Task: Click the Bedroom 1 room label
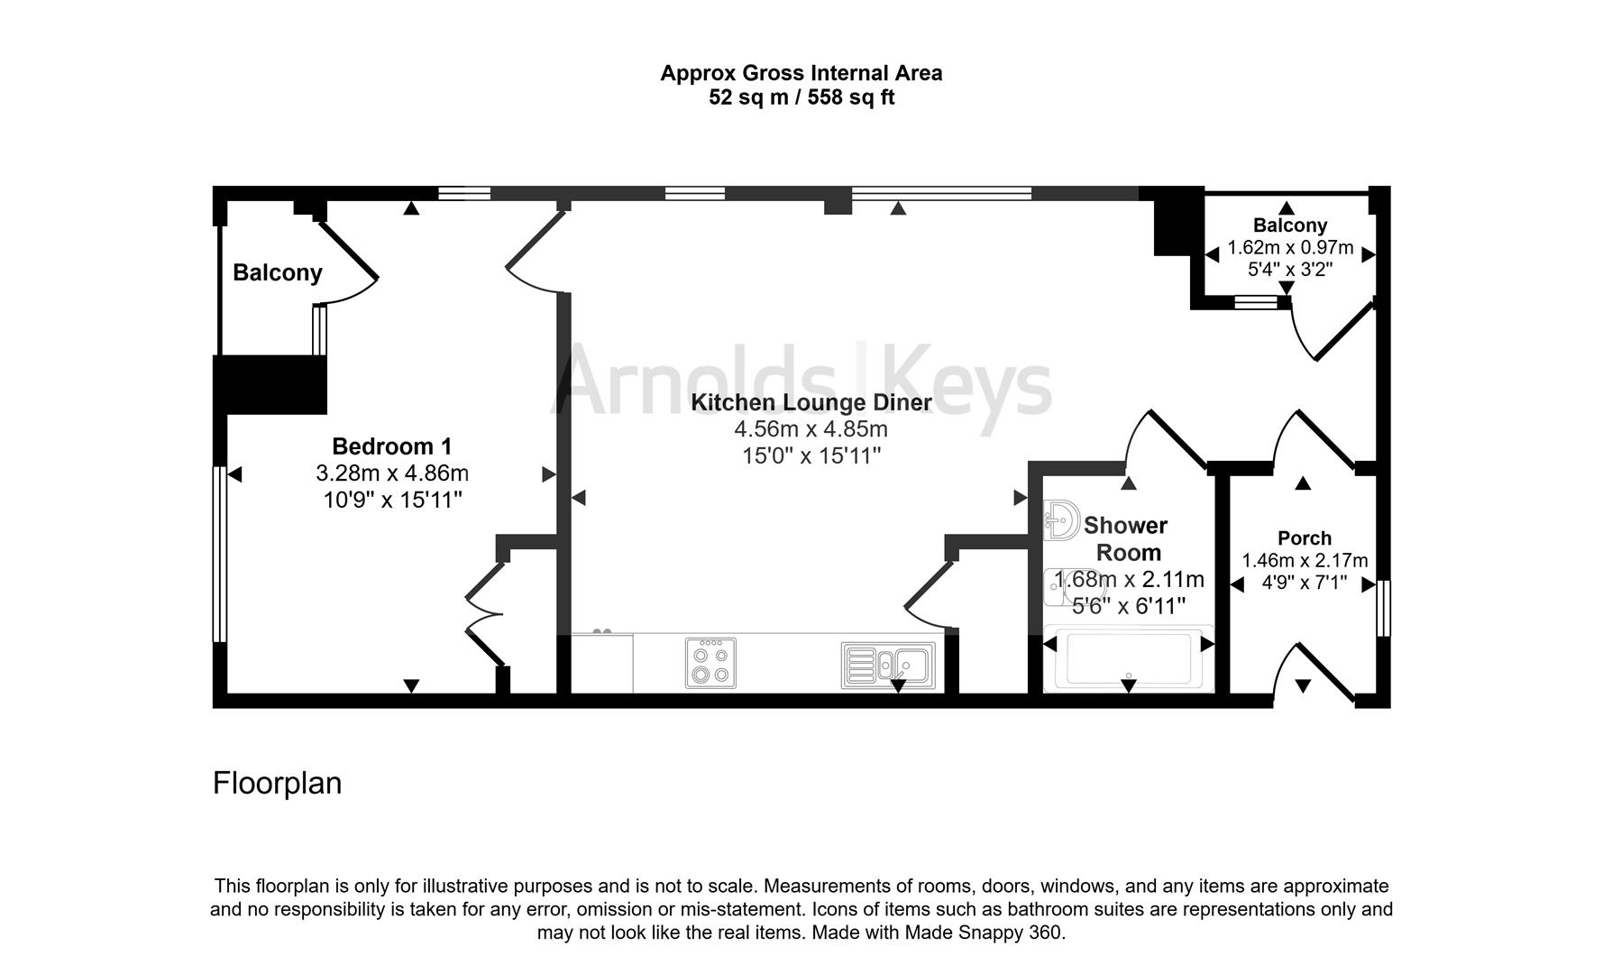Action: [392, 446]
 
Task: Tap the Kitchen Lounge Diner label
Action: [811, 402]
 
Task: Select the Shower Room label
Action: [1125, 538]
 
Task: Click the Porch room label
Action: [1304, 538]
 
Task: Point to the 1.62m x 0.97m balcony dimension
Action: [1290, 247]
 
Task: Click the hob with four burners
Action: [710, 663]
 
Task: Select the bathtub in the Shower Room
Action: [1128, 659]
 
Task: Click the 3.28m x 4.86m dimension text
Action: [392, 473]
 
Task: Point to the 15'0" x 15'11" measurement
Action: [811, 456]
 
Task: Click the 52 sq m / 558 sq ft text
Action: [801, 97]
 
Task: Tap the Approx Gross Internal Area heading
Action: [801, 73]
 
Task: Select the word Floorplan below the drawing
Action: [277, 783]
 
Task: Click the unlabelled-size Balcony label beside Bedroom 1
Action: [277, 272]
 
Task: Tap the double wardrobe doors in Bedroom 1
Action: [484, 615]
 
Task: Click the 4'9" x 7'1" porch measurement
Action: [1304, 583]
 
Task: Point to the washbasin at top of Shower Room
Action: [1061, 520]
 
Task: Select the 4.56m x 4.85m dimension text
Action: [811, 429]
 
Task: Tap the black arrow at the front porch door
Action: [1303, 686]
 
